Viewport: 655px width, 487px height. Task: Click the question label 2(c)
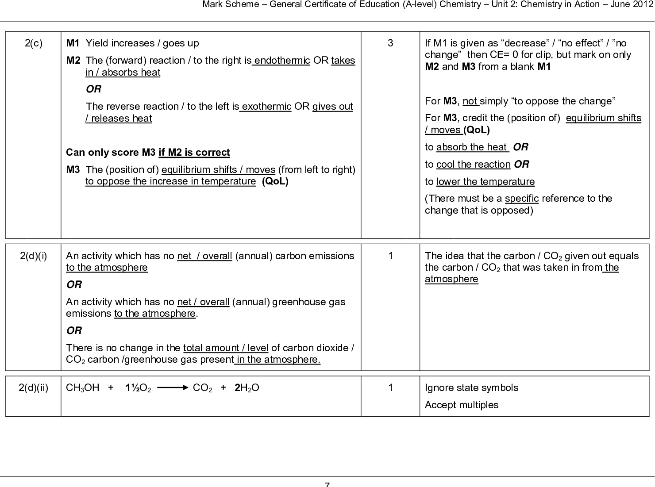tap(33, 43)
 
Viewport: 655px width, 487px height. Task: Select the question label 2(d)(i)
tap(33, 256)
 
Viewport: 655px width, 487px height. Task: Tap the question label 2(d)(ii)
tap(33, 388)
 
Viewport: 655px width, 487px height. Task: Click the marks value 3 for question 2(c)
tap(390, 43)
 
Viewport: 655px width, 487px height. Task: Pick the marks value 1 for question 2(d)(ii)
tap(390, 388)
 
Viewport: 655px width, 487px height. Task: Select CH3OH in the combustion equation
tap(83, 388)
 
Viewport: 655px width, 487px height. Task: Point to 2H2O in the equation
tap(247, 388)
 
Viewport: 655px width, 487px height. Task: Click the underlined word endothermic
tap(282, 60)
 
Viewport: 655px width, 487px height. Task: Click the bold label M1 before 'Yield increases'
tap(73, 43)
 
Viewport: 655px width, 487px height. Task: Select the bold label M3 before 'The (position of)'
tap(73, 169)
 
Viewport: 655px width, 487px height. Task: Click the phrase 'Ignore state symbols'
tap(471, 388)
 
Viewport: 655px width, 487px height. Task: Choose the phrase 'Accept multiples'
tap(461, 405)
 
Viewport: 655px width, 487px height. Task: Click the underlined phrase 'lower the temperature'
tap(485, 182)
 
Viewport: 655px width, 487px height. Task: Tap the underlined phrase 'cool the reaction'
tap(473, 165)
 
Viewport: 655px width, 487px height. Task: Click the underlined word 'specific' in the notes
tap(521, 199)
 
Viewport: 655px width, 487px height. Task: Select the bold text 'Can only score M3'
tap(111, 153)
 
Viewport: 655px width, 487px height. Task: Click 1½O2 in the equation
tap(138, 388)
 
